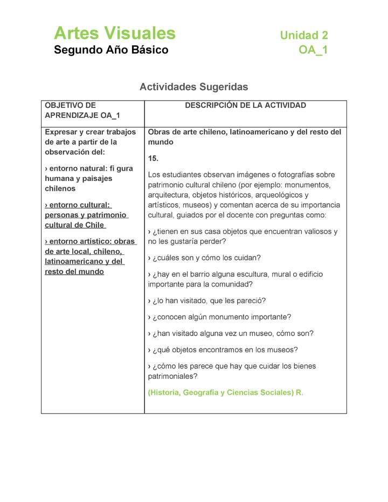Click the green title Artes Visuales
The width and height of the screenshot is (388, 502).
[114, 33]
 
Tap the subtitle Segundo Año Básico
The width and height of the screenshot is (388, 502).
[110, 50]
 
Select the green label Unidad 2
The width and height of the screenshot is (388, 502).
[303, 36]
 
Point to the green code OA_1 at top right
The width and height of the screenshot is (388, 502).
[313, 50]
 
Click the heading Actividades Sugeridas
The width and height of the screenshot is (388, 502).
[193, 86]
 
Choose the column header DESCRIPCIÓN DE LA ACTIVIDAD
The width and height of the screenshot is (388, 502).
[245, 106]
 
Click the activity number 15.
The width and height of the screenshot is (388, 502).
[153, 158]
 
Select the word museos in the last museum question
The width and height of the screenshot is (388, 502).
[283, 350]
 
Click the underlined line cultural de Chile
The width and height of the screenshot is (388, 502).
[74, 225]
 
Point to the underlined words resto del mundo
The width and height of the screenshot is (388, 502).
[74, 271]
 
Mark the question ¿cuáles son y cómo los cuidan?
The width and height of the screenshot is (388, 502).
[204, 257]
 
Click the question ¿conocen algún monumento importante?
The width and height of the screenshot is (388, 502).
[219, 317]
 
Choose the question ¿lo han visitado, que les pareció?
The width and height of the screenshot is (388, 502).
[207, 300]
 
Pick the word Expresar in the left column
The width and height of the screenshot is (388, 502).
[60, 132]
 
